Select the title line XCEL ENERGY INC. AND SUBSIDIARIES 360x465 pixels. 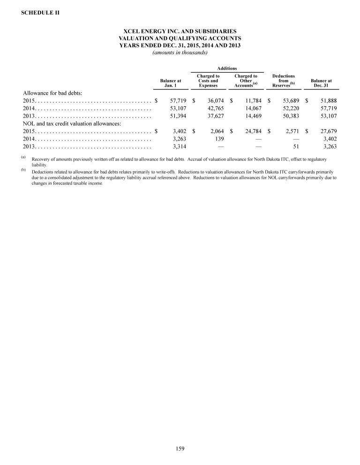(180, 31)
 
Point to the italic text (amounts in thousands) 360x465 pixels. (180, 52)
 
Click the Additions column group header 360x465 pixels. (226, 68)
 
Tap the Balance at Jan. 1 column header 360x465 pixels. (171, 83)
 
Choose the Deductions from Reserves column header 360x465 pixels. (283, 81)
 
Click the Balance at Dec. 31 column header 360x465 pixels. (321, 83)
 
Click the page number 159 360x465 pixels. (180, 449)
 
